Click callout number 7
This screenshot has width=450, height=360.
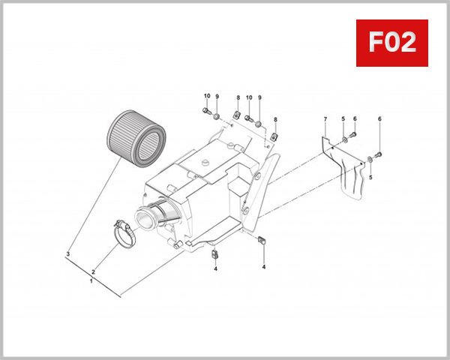click(x=325, y=120)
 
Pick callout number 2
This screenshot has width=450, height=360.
click(x=93, y=272)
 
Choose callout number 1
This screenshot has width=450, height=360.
click(x=91, y=282)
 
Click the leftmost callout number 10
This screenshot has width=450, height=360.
click(x=206, y=97)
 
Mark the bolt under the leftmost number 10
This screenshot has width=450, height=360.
click(x=205, y=112)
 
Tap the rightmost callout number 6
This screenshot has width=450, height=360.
click(x=379, y=119)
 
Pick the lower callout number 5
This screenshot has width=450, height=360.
click(x=370, y=177)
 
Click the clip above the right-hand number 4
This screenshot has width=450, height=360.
click(x=263, y=240)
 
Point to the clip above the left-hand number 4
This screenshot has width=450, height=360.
click(x=215, y=253)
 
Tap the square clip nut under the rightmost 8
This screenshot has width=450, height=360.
click(x=275, y=136)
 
